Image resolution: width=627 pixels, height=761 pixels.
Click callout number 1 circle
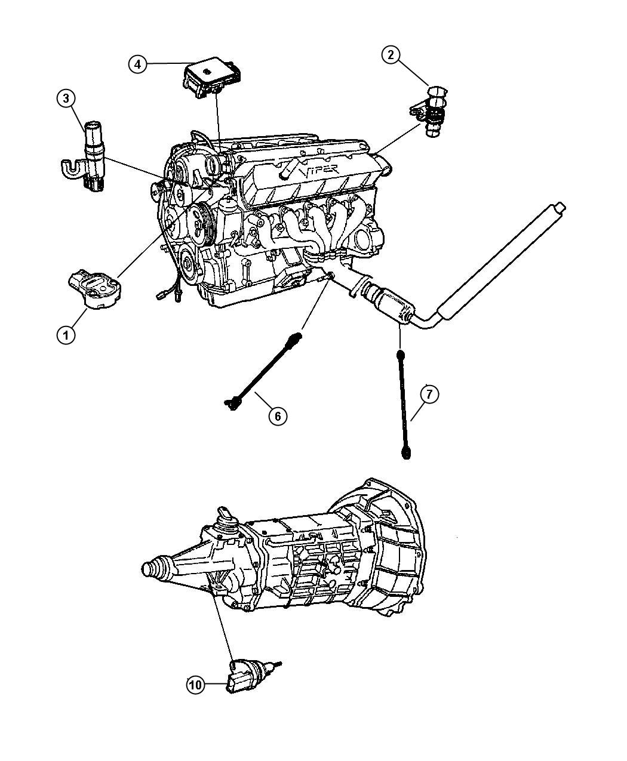[66, 334]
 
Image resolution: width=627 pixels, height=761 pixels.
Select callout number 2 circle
[391, 56]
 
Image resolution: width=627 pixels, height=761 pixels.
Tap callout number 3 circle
[66, 98]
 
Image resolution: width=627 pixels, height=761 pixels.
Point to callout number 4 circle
[137, 64]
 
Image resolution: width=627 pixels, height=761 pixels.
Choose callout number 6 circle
[278, 415]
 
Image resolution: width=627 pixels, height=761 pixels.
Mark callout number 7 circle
[429, 395]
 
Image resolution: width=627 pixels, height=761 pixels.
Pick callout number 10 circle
[195, 686]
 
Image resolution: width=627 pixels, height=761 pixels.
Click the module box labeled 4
[212, 82]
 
